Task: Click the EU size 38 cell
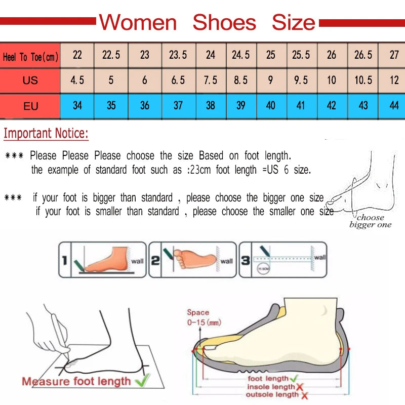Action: tap(211, 106)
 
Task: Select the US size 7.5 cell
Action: tap(211, 80)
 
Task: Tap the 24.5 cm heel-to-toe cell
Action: tap(240, 55)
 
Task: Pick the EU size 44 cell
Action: tap(394, 106)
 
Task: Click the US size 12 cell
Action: tap(394, 80)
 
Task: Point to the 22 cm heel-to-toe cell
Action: tap(77, 55)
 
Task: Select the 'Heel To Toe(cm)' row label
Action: tap(30, 57)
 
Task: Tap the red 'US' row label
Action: tap(30, 80)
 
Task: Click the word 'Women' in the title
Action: tap(138, 23)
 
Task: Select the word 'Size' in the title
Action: tap(293, 23)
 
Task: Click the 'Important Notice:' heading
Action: tap(46, 134)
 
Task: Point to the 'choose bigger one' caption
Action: tap(371, 221)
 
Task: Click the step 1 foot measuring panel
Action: tap(102, 260)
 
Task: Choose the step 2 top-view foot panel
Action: tap(192, 260)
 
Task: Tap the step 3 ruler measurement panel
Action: tap(282, 260)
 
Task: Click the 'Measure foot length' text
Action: tap(76, 381)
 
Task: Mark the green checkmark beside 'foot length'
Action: tap(294, 378)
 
